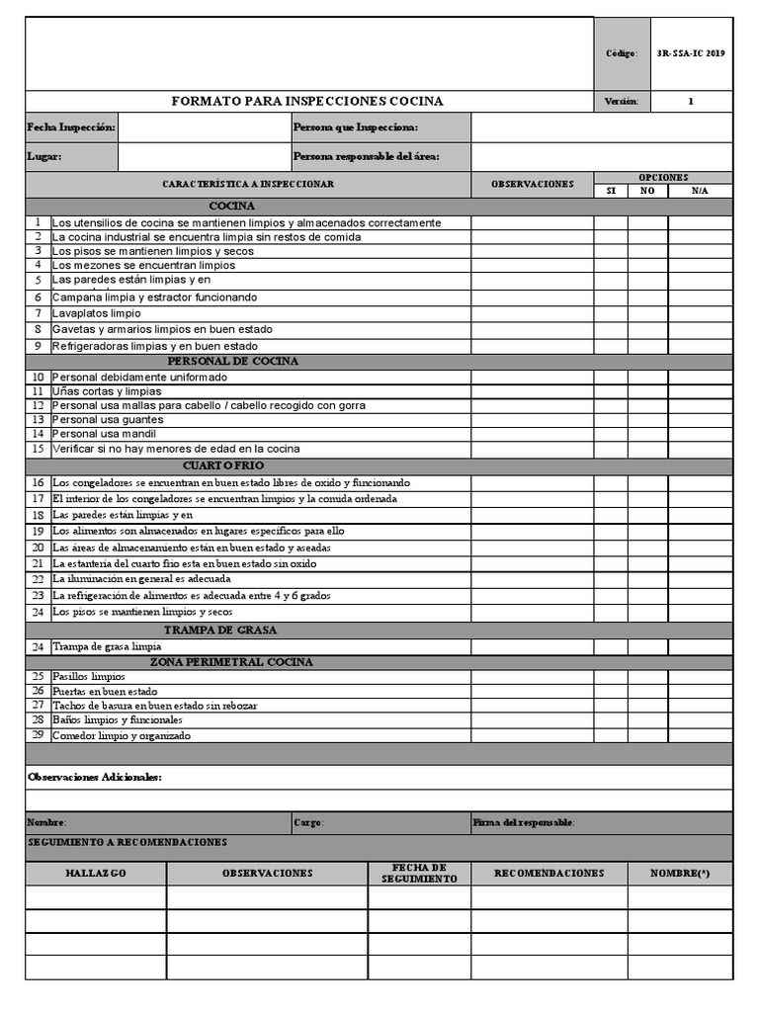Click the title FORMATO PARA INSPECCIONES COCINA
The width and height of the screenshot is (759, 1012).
point(307,101)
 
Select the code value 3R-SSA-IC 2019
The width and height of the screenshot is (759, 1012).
point(690,53)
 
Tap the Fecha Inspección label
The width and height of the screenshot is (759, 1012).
point(71,127)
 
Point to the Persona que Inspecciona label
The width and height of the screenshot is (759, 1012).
point(356,127)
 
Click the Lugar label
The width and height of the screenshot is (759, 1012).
point(44,156)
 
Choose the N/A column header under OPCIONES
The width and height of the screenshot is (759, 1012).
point(700,191)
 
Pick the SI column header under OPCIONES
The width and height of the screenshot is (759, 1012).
point(611,191)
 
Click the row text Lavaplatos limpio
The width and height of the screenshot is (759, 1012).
point(97,313)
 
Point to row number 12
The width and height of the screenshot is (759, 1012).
point(38,406)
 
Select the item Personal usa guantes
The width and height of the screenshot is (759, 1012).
point(108,420)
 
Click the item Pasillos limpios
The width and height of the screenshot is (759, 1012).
point(89,677)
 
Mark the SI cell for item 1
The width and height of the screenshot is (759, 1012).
point(611,223)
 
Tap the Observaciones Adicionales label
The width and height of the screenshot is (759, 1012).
point(95,778)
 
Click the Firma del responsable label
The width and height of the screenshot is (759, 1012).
point(524,823)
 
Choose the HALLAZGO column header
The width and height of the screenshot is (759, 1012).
point(96,874)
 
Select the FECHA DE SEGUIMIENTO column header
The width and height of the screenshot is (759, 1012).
point(419,873)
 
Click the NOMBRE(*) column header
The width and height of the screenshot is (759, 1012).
point(680,874)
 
